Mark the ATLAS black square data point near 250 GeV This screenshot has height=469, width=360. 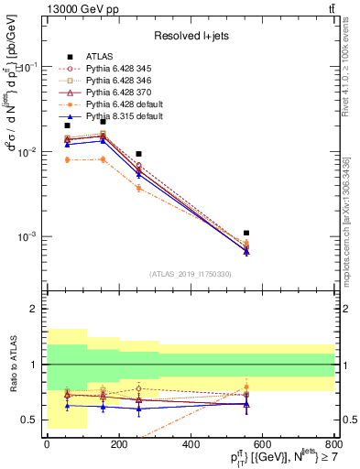click(x=138, y=154)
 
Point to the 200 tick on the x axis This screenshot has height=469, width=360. click(x=119, y=444)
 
